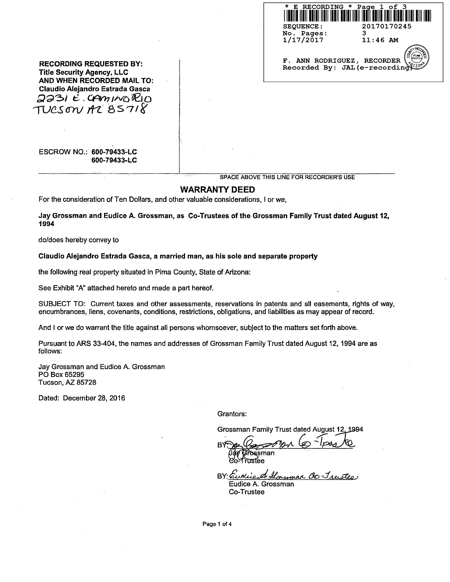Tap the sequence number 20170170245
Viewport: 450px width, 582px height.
point(387,26)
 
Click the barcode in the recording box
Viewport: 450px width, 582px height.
point(357,15)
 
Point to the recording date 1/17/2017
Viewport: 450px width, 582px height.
point(303,40)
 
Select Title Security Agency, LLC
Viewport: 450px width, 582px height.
point(83,72)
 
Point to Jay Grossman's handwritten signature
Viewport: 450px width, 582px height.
point(291,444)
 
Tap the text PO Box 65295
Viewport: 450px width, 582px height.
point(61,375)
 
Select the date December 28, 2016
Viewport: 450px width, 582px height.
point(94,398)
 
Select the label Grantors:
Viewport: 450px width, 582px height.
point(232,414)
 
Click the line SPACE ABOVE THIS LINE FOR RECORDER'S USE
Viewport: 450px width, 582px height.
point(287,177)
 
